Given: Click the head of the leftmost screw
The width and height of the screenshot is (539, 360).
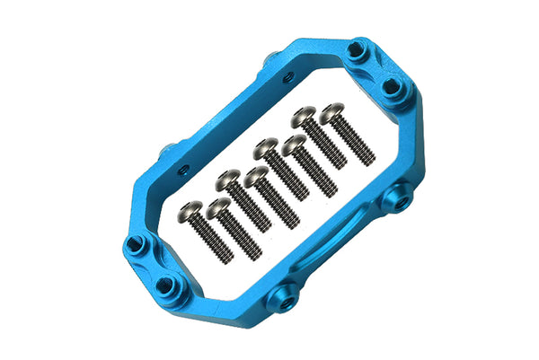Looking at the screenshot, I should point(190,211).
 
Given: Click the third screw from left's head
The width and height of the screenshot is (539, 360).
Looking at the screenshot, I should point(228,180).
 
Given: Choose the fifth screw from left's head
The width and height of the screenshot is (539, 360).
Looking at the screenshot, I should point(265,145).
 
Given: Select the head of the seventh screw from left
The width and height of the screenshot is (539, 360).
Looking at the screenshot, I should point(305,114).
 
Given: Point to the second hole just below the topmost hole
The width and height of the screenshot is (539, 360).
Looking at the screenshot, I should point(393,86).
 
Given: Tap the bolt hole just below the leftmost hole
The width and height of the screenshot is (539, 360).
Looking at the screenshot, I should point(164,285).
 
